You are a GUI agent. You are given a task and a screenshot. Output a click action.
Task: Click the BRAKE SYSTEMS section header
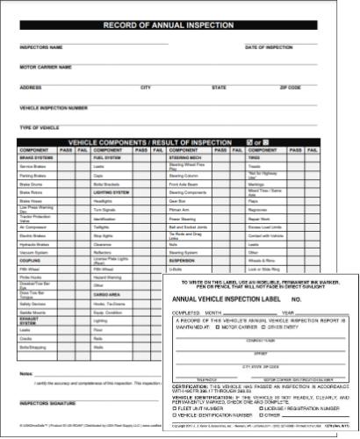click(35, 158)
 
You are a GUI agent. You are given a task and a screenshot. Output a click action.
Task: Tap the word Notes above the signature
click(25, 373)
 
